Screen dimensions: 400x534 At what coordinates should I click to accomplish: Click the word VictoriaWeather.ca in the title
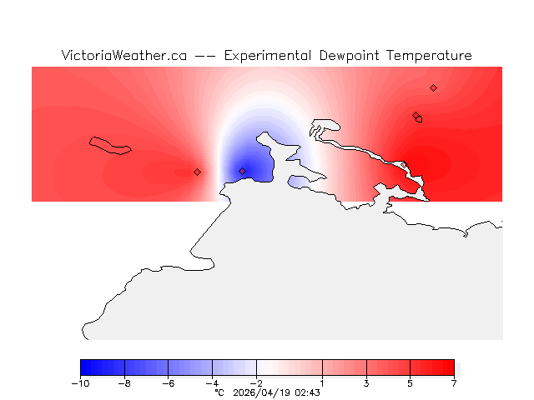123,56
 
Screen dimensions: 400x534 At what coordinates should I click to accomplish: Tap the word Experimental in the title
267,56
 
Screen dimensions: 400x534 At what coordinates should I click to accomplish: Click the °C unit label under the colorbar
219,392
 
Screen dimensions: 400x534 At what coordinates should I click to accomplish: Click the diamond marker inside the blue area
242,171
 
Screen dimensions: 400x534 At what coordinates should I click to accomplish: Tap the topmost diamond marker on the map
433,87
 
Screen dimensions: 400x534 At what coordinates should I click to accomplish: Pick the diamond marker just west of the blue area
197,172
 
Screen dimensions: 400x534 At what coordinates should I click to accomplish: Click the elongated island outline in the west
110,145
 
